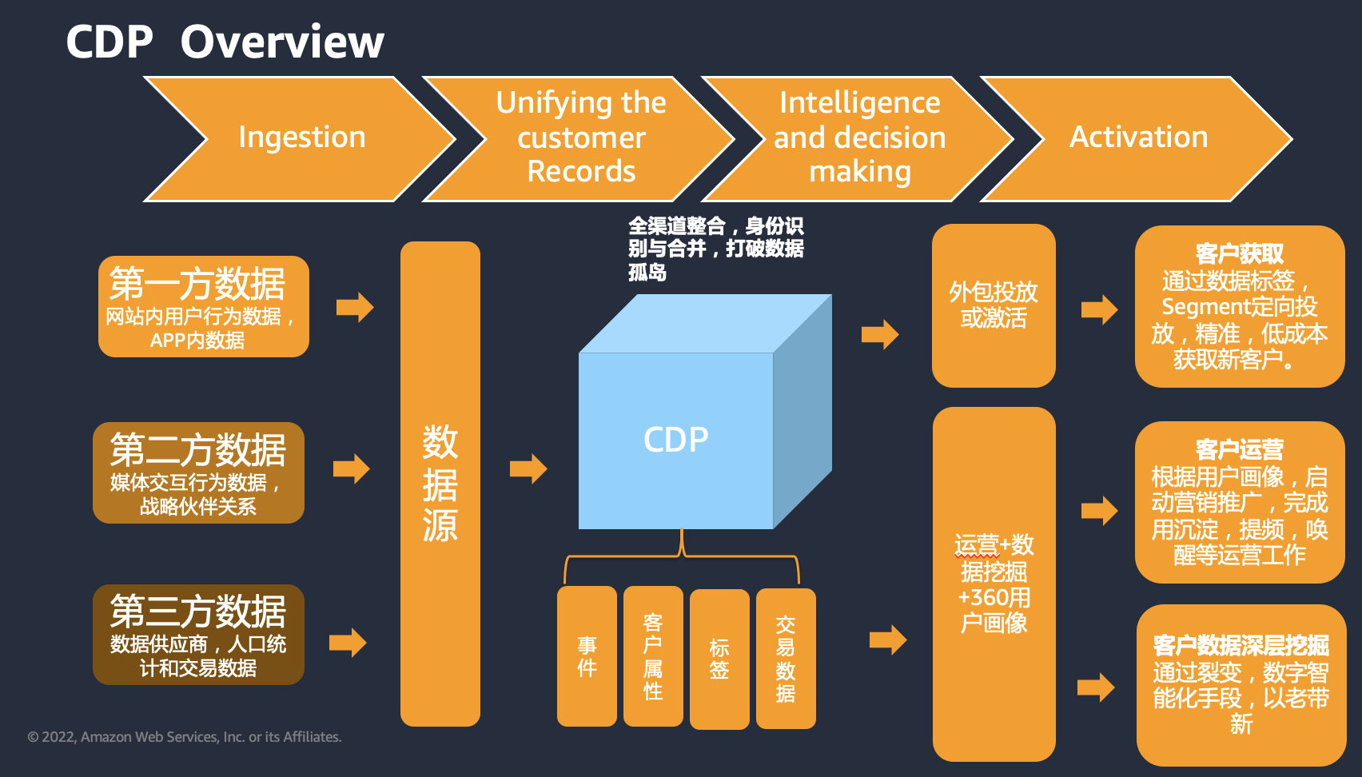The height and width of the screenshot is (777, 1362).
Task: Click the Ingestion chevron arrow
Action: click(301, 138)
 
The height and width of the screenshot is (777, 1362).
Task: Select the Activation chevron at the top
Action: click(1137, 138)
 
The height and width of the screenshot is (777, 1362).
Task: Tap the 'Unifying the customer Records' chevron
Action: click(580, 138)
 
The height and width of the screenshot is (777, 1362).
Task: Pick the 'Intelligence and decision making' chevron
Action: click(858, 138)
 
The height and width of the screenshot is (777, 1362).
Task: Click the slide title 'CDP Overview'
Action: click(225, 42)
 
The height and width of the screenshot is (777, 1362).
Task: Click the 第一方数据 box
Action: click(204, 306)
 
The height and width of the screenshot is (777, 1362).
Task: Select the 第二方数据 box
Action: click(198, 472)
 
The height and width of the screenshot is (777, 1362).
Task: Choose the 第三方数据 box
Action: click(198, 635)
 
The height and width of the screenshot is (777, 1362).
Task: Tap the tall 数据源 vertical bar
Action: click(440, 484)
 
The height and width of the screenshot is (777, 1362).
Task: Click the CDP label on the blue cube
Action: click(675, 440)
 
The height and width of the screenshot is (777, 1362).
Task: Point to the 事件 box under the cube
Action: click(587, 656)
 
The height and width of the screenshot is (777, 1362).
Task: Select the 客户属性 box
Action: click(653, 656)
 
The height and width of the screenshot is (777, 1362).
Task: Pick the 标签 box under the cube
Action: click(719, 659)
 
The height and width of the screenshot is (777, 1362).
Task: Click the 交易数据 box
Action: click(786, 659)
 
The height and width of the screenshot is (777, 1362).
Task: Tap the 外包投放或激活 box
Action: click(994, 305)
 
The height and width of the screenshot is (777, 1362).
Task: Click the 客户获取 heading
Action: click(1239, 253)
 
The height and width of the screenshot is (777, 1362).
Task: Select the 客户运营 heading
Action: click(1239, 450)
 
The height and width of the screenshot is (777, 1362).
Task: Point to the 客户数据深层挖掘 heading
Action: click(1241, 645)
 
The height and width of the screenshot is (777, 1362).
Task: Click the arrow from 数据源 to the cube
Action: click(528, 468)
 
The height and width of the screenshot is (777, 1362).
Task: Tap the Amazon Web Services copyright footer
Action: click(184, 737)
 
